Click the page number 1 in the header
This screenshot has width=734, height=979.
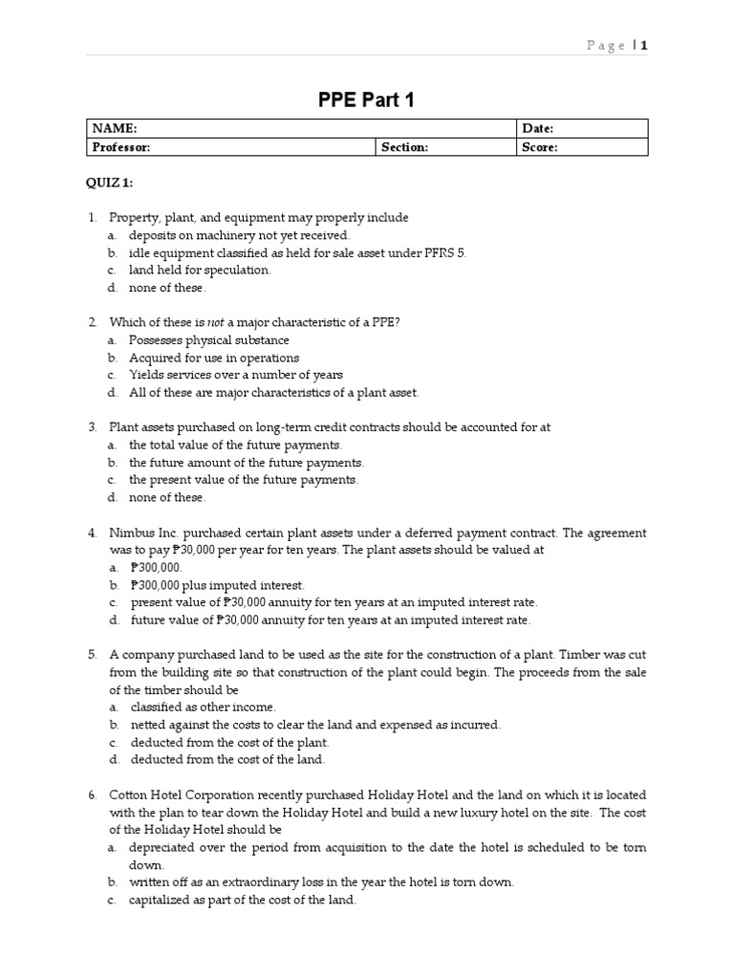pos(644,45)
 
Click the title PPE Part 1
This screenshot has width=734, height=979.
pos(366,99)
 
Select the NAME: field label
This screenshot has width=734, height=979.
pos(115,129)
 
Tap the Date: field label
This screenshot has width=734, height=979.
pos(538,129)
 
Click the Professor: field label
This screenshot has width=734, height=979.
pos(121,147)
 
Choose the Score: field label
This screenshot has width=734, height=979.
pos(540,147)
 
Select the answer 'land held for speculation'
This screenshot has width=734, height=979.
pos(200,270)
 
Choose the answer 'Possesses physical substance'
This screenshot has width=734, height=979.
pos(208,340)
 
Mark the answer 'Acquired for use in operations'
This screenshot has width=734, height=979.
pos(214,358)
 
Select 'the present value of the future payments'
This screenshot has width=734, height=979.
pos(244,480)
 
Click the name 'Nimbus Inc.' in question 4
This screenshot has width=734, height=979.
pos(144,533)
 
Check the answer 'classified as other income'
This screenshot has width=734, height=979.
pos(203,707)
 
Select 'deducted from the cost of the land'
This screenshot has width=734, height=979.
pos(227,759)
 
